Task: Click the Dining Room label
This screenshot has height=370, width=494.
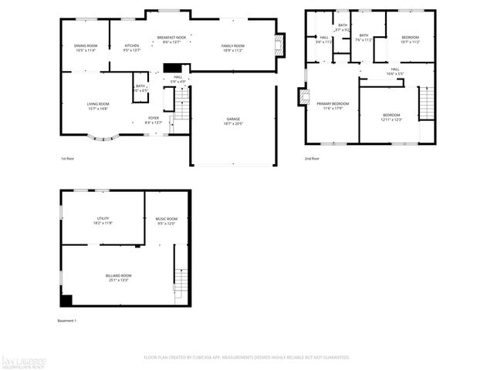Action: coord(86,45)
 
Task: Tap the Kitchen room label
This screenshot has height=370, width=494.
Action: coord(132,45)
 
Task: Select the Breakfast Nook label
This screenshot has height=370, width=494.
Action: coord(171,37)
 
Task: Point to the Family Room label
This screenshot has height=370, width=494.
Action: coord(233,45)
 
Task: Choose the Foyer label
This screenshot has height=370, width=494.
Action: coord(154,118)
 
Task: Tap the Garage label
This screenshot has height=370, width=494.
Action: coord(232,119)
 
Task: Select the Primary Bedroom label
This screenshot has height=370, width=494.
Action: coord(333,103)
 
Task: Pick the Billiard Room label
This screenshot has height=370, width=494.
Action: coord(119,275)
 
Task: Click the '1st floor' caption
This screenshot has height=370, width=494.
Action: coord(69,159)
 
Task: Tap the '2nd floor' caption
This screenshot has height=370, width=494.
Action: coord(313,159)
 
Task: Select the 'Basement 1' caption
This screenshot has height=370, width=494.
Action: coord(67,321)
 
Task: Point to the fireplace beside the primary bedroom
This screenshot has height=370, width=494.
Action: coord(303,97)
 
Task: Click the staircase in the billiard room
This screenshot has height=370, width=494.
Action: coord(181,277)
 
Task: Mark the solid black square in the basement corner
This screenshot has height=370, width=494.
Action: coord(66,301)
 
